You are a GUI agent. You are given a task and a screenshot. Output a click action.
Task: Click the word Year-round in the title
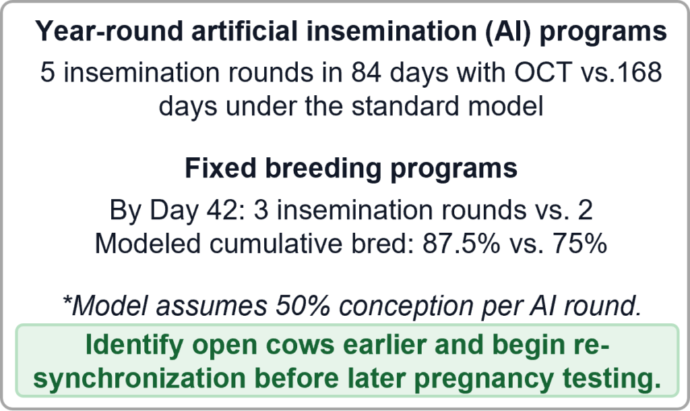pyautogui.click(x=110, y=31)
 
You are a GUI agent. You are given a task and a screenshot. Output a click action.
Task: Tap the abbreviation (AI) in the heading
pyautogui.click(x=508, y=32)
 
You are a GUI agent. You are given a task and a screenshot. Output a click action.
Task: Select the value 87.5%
pyautogui.click(x=461, y=244)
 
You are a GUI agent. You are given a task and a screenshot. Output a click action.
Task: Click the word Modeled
pyautogui.click(x=148, y=244)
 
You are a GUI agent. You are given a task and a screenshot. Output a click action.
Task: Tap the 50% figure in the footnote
pyautogui.click(x=303, y=305)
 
